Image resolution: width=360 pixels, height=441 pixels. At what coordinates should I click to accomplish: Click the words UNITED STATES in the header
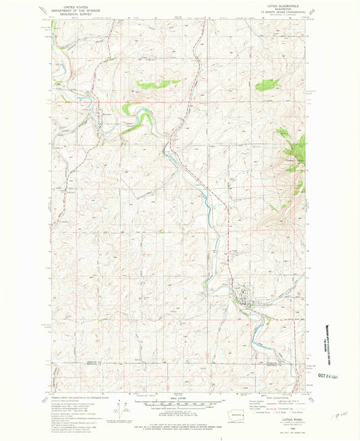66,5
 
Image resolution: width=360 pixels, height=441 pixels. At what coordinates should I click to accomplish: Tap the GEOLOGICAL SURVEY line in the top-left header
66,12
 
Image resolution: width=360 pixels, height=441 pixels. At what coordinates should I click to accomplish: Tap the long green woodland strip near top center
158,84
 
